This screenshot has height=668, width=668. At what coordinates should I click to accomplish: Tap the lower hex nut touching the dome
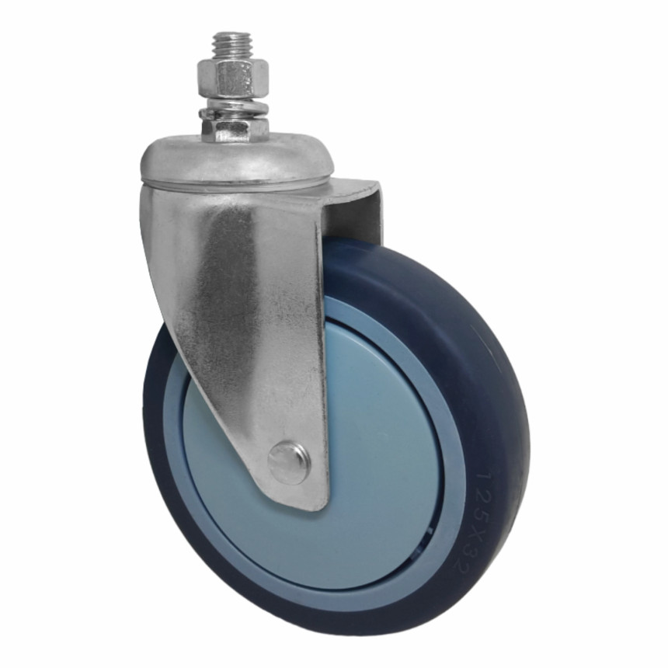(x=235, y=130)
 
